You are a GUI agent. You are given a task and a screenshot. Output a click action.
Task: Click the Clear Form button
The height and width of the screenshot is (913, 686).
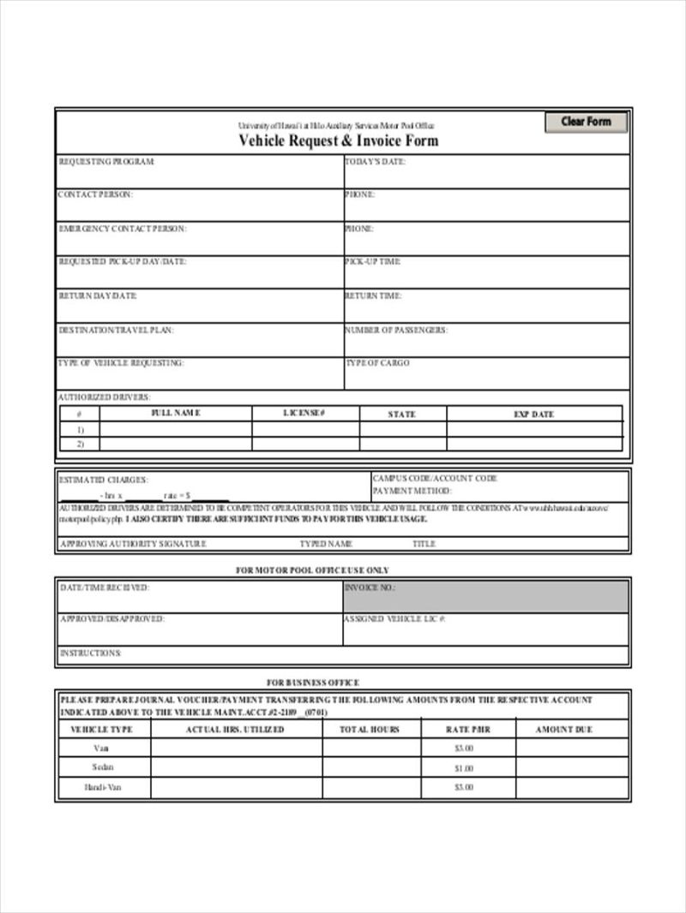pyautogui.click(x=586, y=122)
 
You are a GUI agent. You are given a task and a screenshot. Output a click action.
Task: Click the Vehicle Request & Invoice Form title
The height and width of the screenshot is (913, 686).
pyautogui.click(x=338, y=140)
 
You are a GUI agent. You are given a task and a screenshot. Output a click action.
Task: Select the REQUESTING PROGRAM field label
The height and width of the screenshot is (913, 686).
pyautogui.click(x=106, y=161)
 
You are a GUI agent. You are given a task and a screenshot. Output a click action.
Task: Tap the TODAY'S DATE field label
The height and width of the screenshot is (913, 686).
pyautogui.click(x=375, y=161)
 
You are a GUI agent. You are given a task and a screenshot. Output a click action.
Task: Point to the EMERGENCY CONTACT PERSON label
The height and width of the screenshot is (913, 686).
pyautogui.click(x=122, y=229)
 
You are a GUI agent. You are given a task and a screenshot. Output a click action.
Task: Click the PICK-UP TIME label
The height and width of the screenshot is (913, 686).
pyautogui.click(x=373, y=261)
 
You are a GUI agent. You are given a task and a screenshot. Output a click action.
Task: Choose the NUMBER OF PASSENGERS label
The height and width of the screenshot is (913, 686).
pyautogui.click(x=395, y=330)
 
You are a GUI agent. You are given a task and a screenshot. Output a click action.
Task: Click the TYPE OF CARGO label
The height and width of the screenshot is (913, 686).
pyautogui.click(x=377, y=363)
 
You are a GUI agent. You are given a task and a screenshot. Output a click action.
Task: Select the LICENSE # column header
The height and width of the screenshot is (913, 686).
pyautogui.click(x=304, y=414)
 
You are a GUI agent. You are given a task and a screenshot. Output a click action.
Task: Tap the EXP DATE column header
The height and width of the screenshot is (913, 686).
pyautogui.click(x=533, y=414)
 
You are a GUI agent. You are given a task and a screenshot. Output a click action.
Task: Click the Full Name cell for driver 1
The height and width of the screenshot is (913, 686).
pyautogui.click(x=175, y=430)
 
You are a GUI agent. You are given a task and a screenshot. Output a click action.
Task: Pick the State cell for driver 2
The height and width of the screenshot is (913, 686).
pyautogui.click(x=402, y=445)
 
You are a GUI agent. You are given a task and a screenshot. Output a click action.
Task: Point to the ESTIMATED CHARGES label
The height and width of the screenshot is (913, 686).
pyautogui.click(x=103, y=480)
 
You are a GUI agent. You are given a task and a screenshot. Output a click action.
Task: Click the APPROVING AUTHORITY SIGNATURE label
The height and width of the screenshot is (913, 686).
pyautogui.click(x=133, y=544)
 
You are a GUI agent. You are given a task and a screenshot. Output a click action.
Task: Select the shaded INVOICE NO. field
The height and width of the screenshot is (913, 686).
pyautogui.click(x=485, y=595)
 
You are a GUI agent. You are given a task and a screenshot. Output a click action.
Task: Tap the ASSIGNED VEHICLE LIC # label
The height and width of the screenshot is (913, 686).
pyautogui.click(x=394, y=618)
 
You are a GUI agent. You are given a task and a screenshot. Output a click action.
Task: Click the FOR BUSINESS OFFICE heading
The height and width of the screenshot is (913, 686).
pyautogui.click(x=312, y=683)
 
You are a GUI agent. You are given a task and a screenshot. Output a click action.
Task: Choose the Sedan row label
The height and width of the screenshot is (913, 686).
pyautogui.click(x=103, y=767)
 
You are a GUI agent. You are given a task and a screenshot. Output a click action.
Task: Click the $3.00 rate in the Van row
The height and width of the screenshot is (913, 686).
pyautogui.click(x=464, y=748)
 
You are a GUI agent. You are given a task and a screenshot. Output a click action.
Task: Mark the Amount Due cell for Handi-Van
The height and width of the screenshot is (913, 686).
pyautogui.click(x=571, y=787)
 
